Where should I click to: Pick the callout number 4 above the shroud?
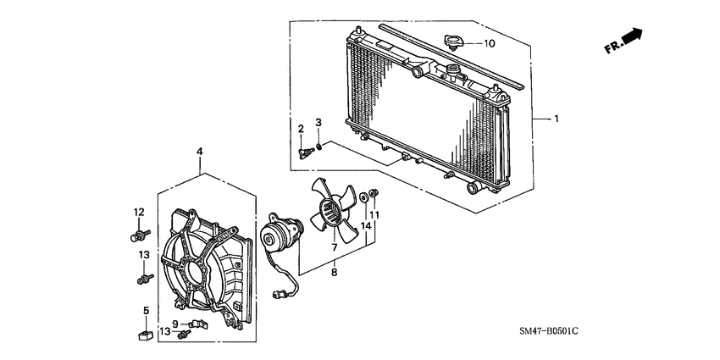click(199, 152)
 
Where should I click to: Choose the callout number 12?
click(139, 212)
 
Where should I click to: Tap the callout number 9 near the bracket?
click(175, 323)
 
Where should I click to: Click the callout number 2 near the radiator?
click(300, 128)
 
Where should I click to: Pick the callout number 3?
click(318, 124)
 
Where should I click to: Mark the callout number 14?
click(366, 225)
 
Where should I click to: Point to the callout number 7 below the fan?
click(334, 247)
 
